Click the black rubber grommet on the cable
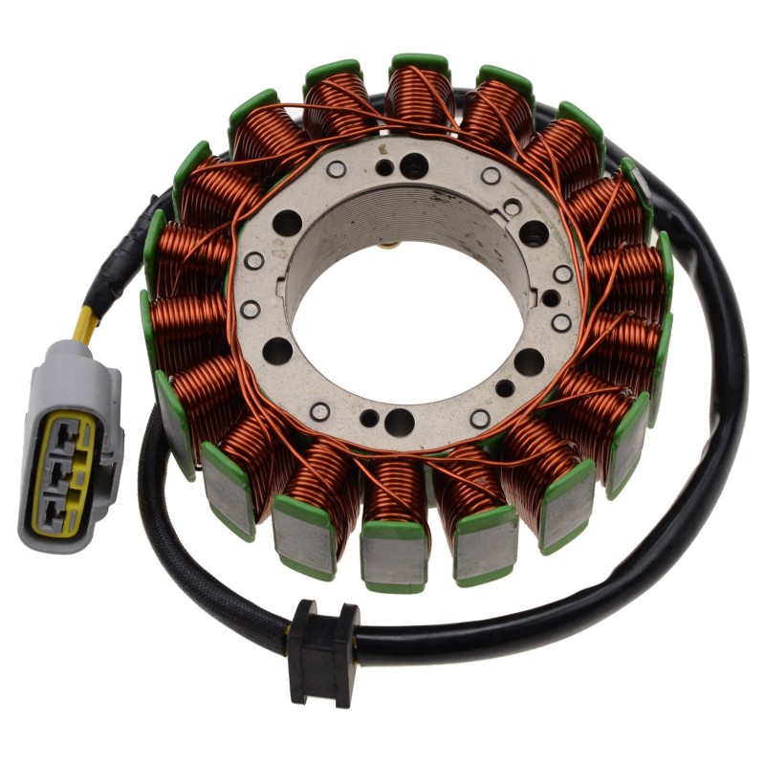pyautogui.click(x=322, y=640)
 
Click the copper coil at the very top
pyautogui.click(x=419, y=96)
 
